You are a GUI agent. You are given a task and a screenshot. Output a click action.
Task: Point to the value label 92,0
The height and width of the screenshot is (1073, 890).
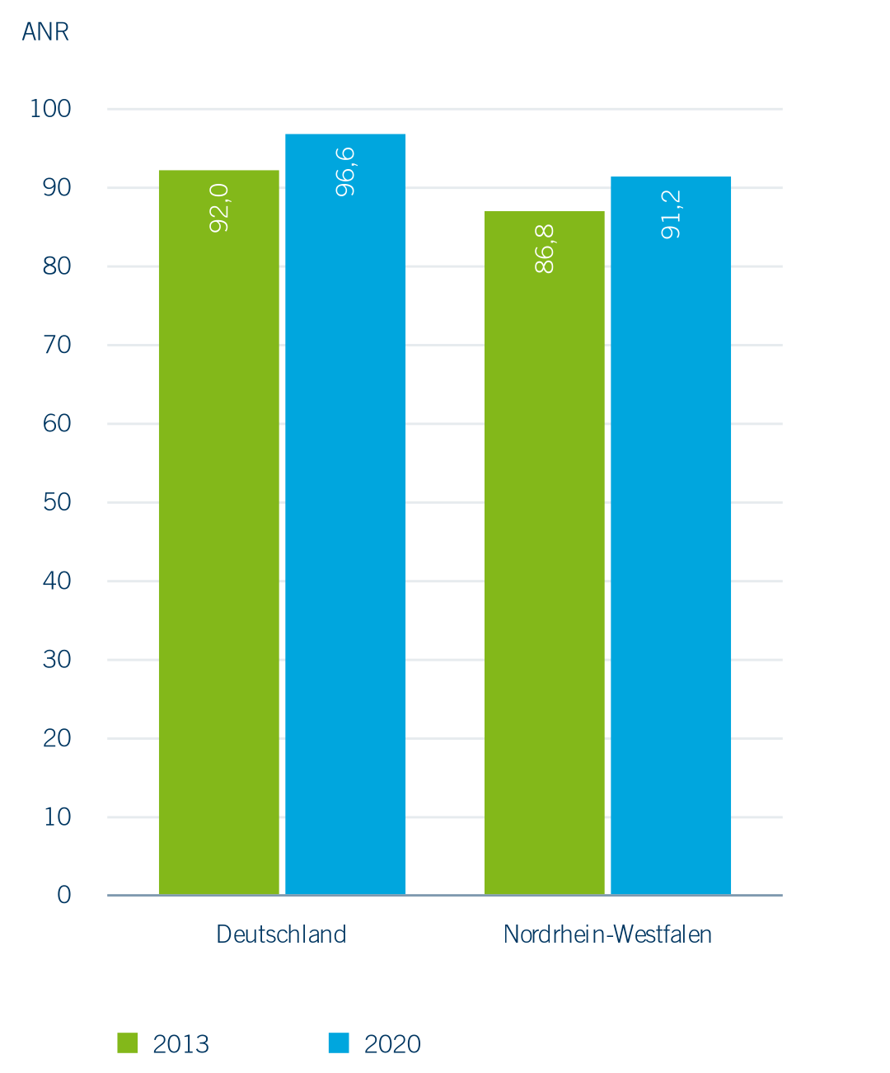(219, 208)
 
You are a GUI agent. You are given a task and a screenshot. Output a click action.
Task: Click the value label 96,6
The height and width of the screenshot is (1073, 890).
(346, 172)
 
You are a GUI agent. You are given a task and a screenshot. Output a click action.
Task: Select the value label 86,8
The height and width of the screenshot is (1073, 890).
(545, 248)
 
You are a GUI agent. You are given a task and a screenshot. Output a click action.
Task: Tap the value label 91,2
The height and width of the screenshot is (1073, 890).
(672, 214)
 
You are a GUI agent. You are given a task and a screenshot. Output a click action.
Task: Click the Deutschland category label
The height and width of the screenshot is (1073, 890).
(281, 934)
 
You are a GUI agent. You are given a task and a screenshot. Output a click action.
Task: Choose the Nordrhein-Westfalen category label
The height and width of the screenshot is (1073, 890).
(607, 934)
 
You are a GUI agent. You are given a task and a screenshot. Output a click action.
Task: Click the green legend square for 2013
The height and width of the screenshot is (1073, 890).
(128, 1042)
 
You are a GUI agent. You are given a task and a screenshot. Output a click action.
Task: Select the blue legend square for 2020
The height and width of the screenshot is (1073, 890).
(339, 1042)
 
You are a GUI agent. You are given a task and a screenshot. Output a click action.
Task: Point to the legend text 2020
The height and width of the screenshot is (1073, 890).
(392, 1044)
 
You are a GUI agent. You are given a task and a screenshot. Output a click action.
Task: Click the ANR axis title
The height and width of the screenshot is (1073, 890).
(45, 32)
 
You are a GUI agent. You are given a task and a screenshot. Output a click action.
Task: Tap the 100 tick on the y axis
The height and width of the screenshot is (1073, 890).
(50, 109)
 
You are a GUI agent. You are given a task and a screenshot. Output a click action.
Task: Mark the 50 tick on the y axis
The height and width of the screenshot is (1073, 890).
(57, 502)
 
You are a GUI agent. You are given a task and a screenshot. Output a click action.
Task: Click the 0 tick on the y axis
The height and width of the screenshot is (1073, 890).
(63, 895)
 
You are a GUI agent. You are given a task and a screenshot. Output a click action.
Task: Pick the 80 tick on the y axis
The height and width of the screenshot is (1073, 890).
(57, 266)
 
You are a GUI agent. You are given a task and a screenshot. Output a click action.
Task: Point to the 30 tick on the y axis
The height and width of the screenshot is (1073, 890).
(57, 660)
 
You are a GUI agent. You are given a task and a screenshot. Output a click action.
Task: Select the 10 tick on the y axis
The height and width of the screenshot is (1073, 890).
(57, 817)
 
